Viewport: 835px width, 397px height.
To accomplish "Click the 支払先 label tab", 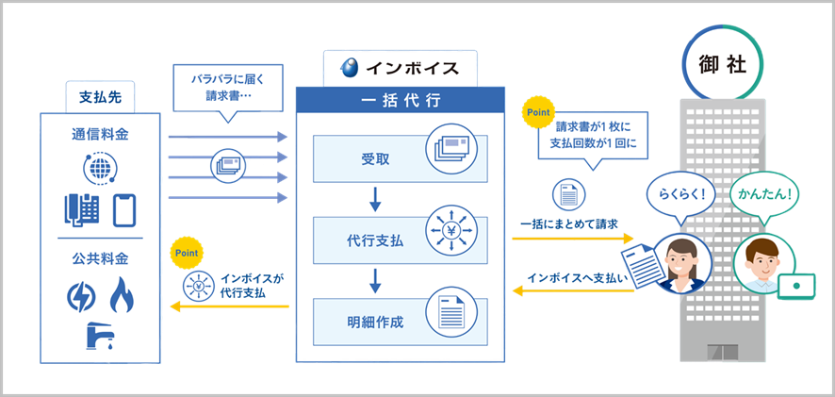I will [99, 97].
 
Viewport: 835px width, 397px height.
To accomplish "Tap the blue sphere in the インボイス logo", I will [350, 68].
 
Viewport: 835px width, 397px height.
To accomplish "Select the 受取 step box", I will [396, 156].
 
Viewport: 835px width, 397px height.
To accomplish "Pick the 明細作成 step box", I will [396, 322].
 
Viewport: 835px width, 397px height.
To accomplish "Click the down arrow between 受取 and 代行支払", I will [375, 197].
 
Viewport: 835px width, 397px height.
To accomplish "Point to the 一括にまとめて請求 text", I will [568, 223].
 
